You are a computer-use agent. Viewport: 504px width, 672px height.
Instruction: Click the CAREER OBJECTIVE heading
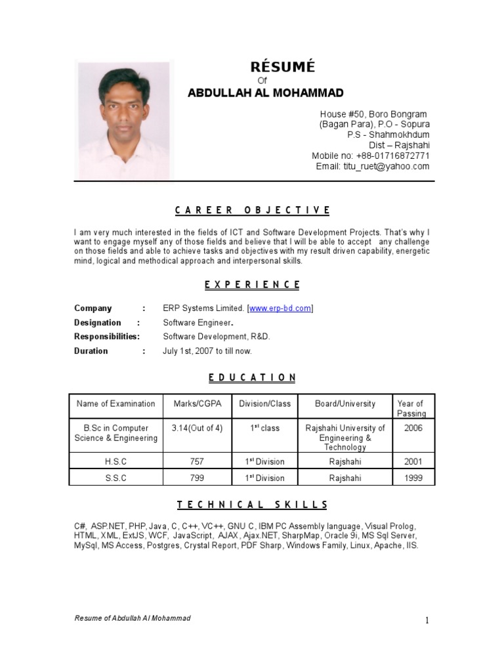click(252, 210)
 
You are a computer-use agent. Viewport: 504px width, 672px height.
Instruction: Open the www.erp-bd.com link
click(280, 308)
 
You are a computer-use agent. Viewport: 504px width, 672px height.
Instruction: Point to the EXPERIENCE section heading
click(252, 285)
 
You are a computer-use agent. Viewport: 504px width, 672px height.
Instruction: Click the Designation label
click(98, 322)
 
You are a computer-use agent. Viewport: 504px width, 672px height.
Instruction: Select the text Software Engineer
click(198, 322)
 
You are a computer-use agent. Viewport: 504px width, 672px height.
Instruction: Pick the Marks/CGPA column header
click(196, 404)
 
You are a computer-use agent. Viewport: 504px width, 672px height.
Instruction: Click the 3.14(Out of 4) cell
click(197, 428)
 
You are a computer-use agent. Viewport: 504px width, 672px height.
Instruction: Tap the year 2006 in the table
click(413, 428)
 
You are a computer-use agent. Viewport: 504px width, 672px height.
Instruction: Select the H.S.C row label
click(115, 461)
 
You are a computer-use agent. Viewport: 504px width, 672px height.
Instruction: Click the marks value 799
click(197, 478)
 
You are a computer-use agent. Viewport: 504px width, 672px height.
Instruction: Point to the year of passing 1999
click(413, 478)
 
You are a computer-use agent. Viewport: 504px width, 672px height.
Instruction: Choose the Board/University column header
click(345, 404)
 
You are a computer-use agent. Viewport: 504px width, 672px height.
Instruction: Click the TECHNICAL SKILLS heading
click(252, 505)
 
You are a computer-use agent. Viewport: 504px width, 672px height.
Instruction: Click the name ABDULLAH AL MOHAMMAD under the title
click(265, 93)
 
